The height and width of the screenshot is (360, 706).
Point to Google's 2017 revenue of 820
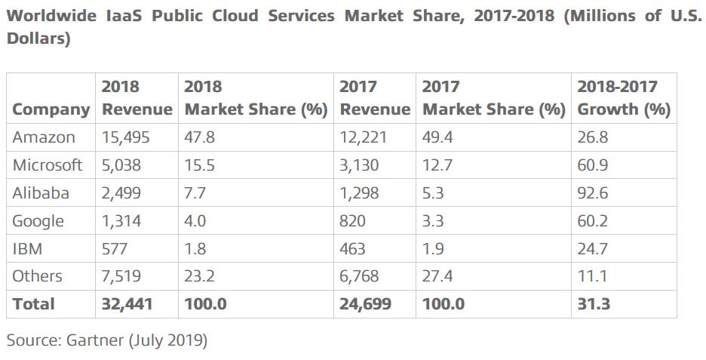353,221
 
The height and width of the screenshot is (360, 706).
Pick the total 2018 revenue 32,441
127,304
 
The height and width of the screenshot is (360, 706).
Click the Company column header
51,109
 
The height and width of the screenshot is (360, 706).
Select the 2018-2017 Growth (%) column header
623,98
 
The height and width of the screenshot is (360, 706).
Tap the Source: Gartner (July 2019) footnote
106,340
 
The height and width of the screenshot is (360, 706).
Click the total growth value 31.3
594,304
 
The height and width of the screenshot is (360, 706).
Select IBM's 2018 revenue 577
115,248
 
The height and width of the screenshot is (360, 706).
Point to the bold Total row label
33,304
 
